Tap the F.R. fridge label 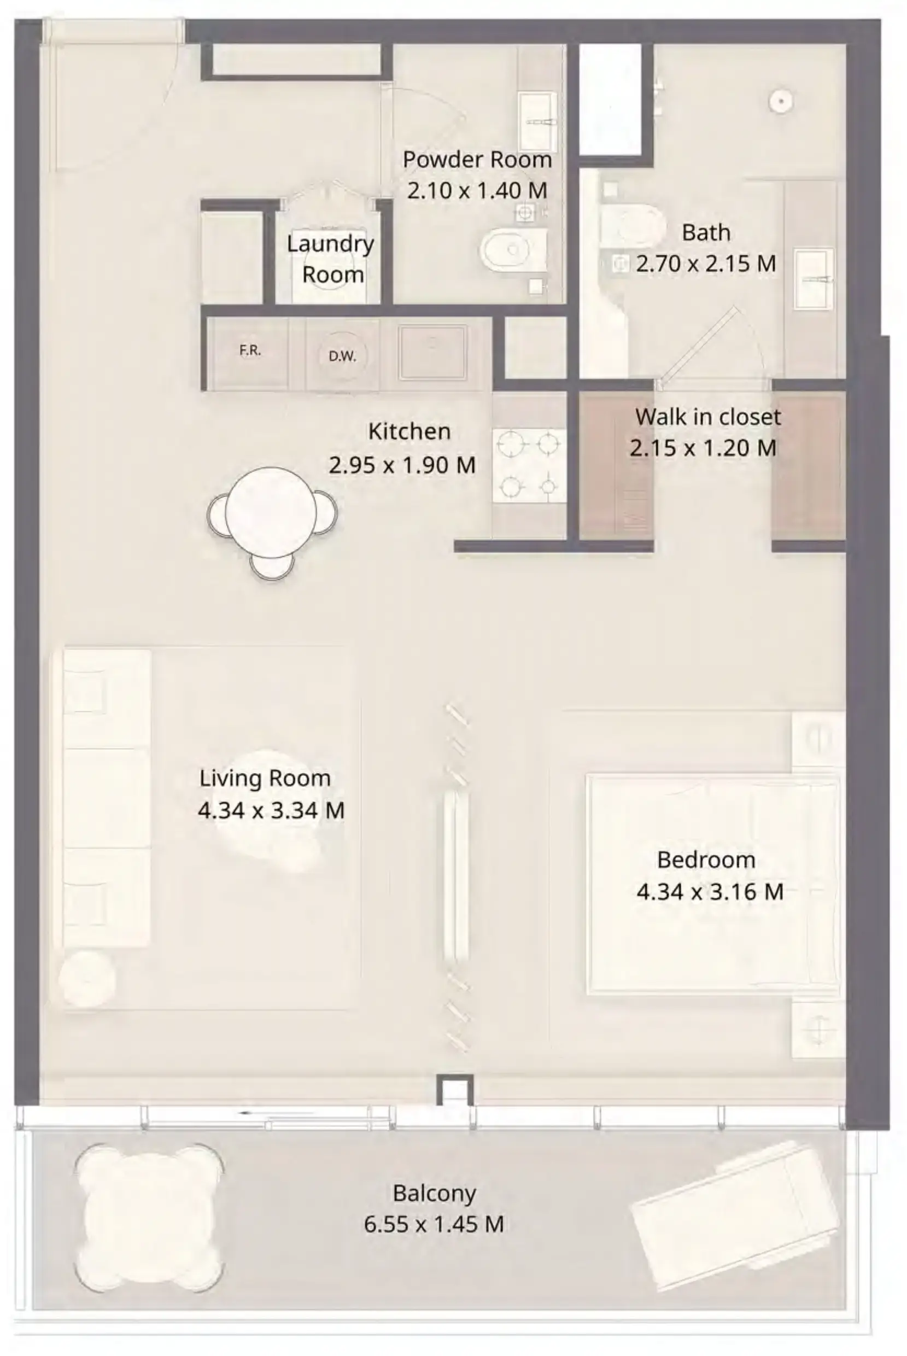click(250, 350)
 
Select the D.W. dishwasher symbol click(342, 356)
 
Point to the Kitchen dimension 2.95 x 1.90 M click(402, 465)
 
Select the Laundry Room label click(331, 259)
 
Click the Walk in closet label click(708, 417)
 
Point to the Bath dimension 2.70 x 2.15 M click(706, 264)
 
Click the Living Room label click(265, 778)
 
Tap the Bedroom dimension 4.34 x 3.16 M click(710, 891)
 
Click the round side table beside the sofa click(87, 978)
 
